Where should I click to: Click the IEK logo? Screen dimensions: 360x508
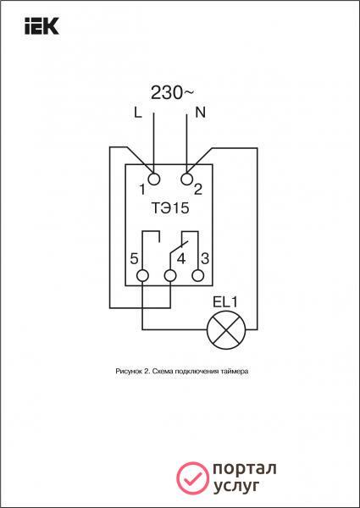tap(42, 26)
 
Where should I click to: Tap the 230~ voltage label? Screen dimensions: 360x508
tap(173, 94)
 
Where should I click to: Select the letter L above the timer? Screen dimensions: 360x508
tap(138, 113)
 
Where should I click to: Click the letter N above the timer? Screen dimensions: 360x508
tap(201, 113)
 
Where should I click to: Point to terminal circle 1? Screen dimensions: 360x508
tap(154, 179)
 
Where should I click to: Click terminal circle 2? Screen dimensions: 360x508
tap(187, 179)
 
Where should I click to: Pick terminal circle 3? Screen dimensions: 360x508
tap(198, 276)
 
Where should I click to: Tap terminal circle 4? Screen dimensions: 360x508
tap(170, 276)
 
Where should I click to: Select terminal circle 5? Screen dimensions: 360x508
tap(142, 276)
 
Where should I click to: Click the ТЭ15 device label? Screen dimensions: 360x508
tap(169, 208)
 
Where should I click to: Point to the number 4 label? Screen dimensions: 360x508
tap(181, 259)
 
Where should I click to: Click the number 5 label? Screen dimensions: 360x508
tap(134, 259)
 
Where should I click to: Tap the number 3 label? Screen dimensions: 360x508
tap(205, 259)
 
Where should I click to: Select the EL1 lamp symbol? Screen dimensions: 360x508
tap(226, 330)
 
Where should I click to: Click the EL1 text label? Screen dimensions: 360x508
tap(225, 302)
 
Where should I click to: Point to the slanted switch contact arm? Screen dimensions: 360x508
tap(179, 248)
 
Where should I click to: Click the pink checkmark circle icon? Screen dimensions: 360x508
tap(193, 478)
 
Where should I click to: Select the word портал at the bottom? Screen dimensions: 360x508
tap(245, 469)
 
